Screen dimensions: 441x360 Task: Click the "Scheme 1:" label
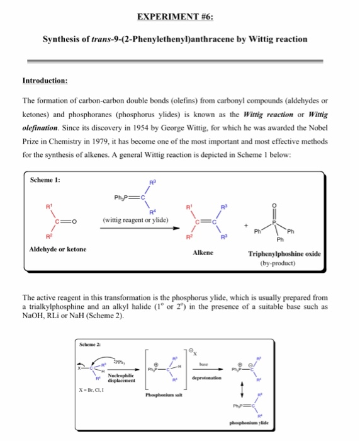click(45, 180)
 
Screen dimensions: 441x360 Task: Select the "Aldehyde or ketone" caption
click(57, 249)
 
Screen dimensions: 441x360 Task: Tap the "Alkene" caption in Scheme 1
click(202, 252)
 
